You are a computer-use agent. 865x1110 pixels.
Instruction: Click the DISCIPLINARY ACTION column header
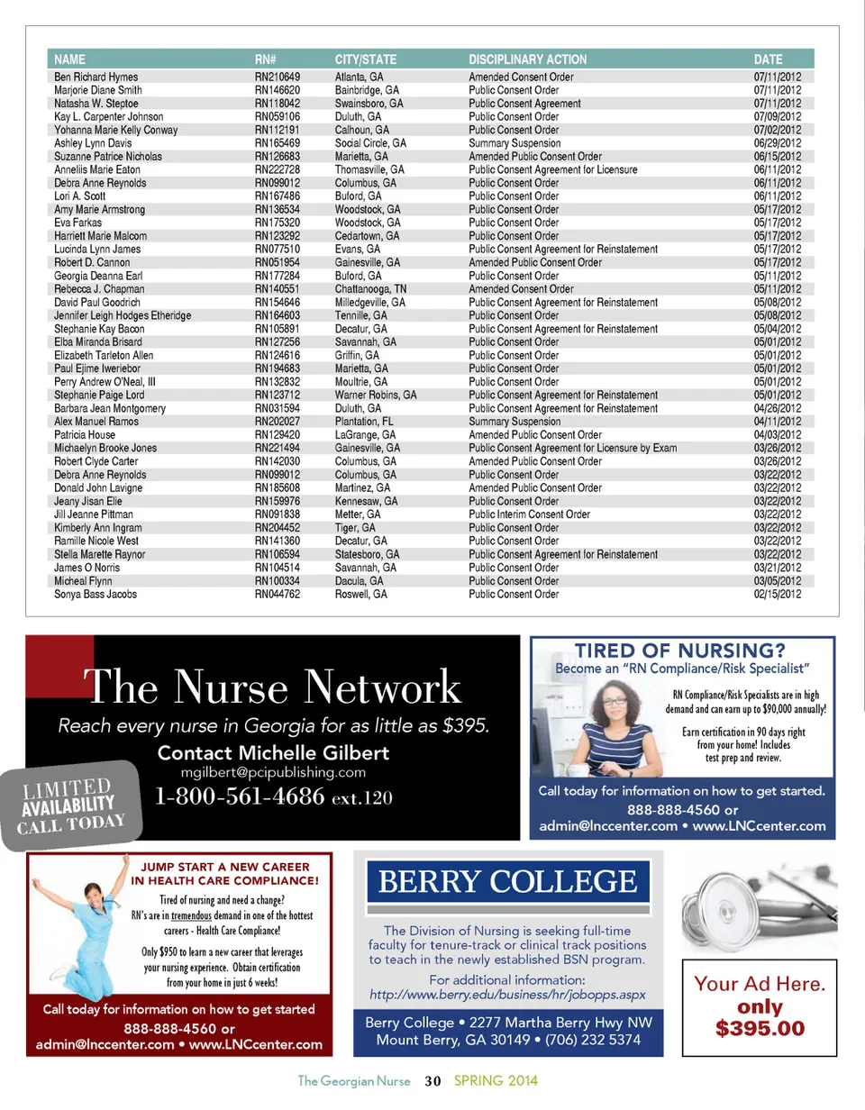(x=527, y=59)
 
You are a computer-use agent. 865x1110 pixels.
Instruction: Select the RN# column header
(x=266, y=59)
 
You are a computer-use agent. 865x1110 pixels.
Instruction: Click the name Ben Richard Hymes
(x=96, y=77)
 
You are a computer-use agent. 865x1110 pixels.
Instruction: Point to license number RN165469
(x=277, y=143)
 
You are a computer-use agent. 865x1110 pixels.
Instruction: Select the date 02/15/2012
(x=777, y=595)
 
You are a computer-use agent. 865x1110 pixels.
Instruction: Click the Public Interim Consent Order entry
(x=529, y=514)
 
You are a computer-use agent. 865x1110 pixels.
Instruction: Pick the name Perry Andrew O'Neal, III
(x=105, y=382)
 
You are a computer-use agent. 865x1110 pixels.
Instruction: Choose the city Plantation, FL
(x=364, y=422)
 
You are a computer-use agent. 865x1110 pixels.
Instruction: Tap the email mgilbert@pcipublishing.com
(x=273, y=772)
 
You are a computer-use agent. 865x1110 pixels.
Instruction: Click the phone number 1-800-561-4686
(x=240, y=797)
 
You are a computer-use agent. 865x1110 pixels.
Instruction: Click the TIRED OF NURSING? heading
(x=681, y=651)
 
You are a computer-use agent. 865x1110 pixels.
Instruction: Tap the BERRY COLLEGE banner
(x=507, y=881)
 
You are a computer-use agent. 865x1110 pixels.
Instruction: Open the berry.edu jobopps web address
(x=507, y=995)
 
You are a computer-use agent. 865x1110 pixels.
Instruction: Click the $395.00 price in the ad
(x=760, y=1027)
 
